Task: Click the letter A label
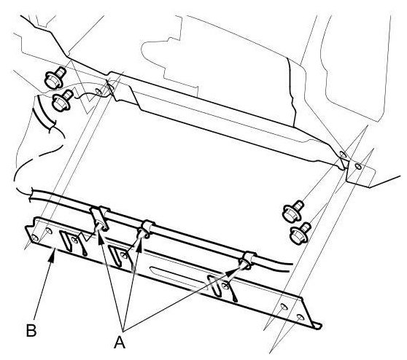click(120, 342)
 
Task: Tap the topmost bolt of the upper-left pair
click(55, 77)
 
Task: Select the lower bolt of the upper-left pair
click(63, 101)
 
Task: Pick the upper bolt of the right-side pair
click(292, 211)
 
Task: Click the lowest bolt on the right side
click(301, 233)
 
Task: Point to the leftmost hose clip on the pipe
click(99, 219)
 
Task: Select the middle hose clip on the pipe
click(144, 229)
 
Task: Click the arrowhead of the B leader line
click(53, 257)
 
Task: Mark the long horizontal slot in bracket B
click(179, 278)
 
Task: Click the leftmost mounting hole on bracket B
click(35, 238)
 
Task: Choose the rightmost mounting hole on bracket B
click(300, 317)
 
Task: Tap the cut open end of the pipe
click(31, 195)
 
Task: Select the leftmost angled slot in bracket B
click(66, 240)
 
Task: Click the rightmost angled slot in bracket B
click(214, 286)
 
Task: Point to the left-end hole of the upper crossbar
click(98, 91)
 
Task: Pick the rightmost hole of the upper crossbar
click(358, 166)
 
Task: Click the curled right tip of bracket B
click(318, 326)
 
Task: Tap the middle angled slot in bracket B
click(115, 257)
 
